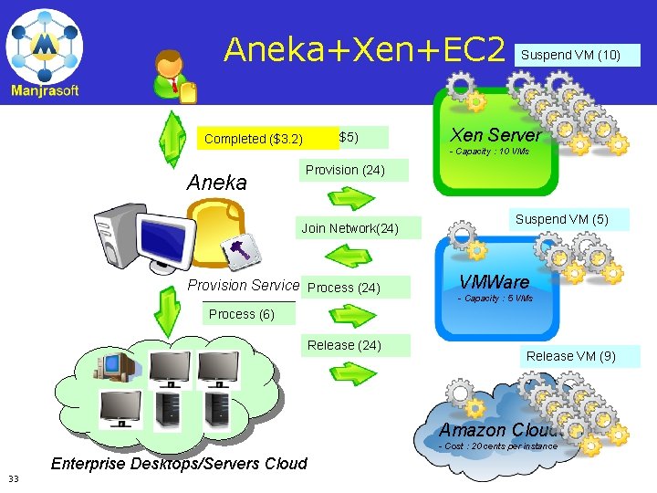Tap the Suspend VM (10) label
coord(570,55)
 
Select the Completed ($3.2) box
coord(254,139)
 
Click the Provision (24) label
coord(345,170)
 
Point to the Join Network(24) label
coord(349,228)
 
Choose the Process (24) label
coord(344,288)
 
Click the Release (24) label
coord(344,345)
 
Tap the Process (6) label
coord(241,314)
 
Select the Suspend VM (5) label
coord(561,219)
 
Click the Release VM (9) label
coord(570,356)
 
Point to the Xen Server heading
coord(495,135)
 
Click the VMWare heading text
coord(494,282)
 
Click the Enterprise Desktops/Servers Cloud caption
coord(179,464)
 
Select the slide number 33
coord(14,478)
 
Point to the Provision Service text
coord(243,285)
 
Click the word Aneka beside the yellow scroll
coord(216,183)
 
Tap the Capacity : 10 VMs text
coord(489,151)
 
